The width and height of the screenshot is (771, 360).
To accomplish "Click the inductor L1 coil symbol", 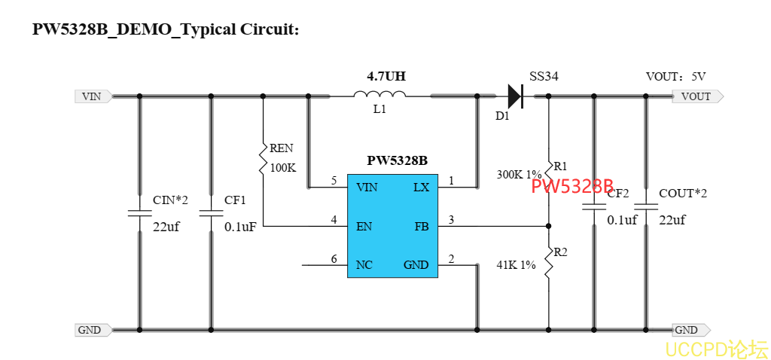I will pos(380,95).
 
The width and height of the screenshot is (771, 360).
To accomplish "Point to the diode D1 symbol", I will pos(515,96).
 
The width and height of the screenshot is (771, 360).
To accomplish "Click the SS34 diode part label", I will pos(544,77).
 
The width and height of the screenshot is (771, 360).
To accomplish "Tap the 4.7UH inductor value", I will pos(386,76).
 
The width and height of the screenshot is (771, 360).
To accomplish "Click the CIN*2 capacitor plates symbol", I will pos(139,212).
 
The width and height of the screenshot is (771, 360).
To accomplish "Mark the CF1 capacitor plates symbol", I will pos(211,212).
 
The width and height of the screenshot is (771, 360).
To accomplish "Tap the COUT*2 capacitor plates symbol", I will pos(645,206).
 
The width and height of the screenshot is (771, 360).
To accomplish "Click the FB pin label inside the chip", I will pos(421,226).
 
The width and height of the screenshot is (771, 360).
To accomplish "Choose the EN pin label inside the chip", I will pos(364,226).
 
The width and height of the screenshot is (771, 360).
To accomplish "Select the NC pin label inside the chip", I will pos(364,265).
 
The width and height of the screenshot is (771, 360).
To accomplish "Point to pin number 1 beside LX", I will pos(451,181).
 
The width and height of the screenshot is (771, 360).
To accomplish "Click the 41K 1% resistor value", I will pos(516,265).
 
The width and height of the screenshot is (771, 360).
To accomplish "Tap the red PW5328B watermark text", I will pos(572,187).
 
